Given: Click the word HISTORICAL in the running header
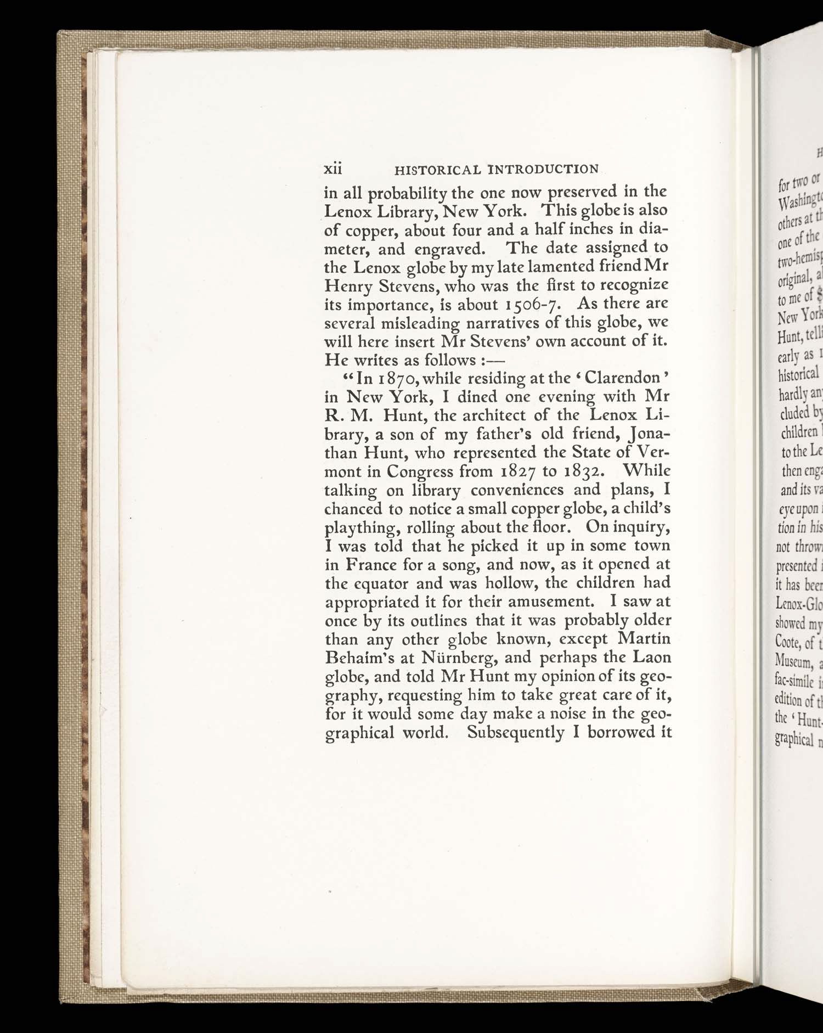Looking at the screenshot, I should tap(437, 170).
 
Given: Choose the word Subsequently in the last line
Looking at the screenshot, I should tap(515, 733).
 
